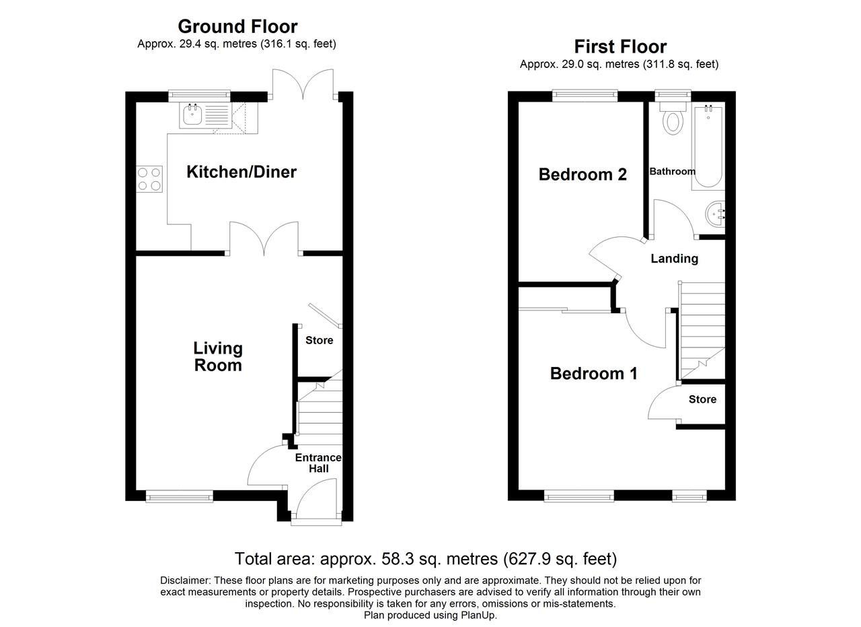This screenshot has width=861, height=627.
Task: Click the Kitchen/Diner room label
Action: click(x=241, y=172)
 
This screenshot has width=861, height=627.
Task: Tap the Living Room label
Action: click(x=218, y=357)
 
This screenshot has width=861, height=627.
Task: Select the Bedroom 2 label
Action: click(x=583, y=174)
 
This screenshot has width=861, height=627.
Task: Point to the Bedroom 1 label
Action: click(x=593, y=374)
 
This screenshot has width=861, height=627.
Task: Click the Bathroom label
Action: click(x=672, y=171)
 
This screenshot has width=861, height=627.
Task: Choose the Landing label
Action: click(x=674, y=259)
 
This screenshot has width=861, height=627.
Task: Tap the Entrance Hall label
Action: click(x=318, y=463)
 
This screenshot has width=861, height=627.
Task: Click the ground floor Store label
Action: click(x=319, y=340)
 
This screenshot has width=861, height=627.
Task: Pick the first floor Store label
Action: click(x=702, y=399)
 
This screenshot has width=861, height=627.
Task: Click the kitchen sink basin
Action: click(x=192, y=114)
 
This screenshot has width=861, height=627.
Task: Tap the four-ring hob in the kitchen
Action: click(x=149, y=179)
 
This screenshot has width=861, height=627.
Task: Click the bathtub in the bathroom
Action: click(x=708, y=146)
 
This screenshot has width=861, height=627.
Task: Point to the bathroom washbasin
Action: click(x=715, y=214)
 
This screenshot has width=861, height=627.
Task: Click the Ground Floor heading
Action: click(x=237, y=27)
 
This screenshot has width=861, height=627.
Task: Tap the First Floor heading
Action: click(x=620, y=47)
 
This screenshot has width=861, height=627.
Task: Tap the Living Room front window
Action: click(x=180, y=496)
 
